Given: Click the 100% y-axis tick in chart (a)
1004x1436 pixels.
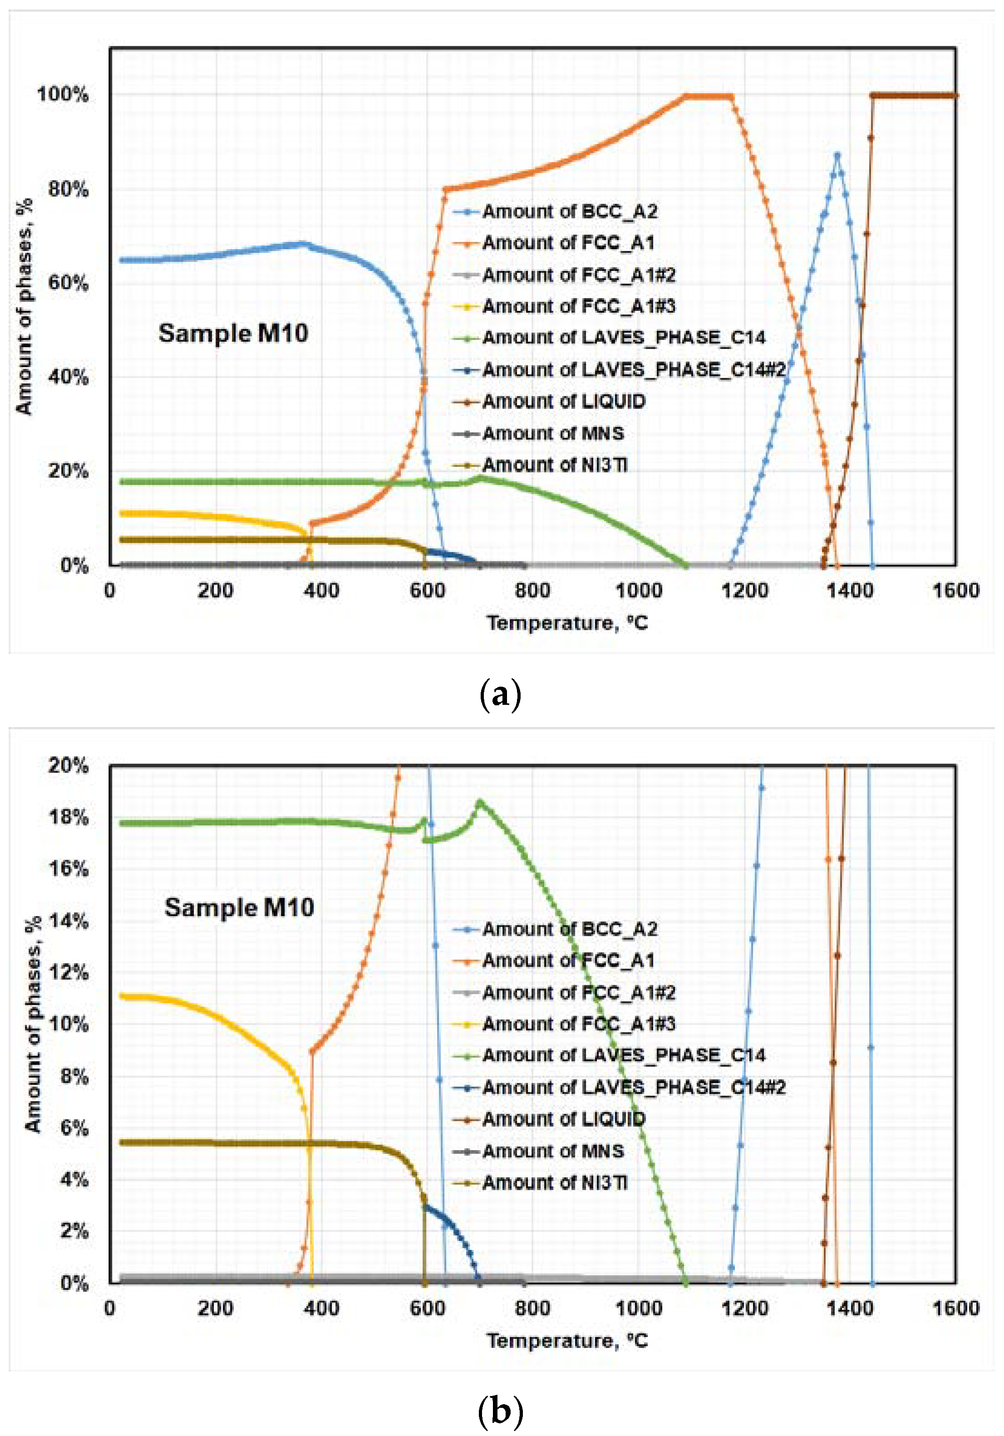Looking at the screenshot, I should [x=63, y=95].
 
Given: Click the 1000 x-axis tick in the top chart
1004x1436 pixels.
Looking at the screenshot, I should [x=639, y=590].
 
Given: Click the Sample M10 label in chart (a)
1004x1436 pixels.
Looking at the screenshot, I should [x=233, y=333].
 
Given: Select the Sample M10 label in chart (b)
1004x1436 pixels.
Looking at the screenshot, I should [x=239, y=908].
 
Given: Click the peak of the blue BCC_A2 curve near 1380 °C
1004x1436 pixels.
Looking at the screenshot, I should [x=837, y=154].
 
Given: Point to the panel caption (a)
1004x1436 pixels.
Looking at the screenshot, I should [x=500, y=695].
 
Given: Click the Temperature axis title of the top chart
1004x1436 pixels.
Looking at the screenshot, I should [x=567, y=623].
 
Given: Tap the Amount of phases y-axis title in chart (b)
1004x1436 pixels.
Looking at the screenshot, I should [x=33, y=1024].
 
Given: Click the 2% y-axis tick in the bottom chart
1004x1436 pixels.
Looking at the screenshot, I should [x=74, y=1231].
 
